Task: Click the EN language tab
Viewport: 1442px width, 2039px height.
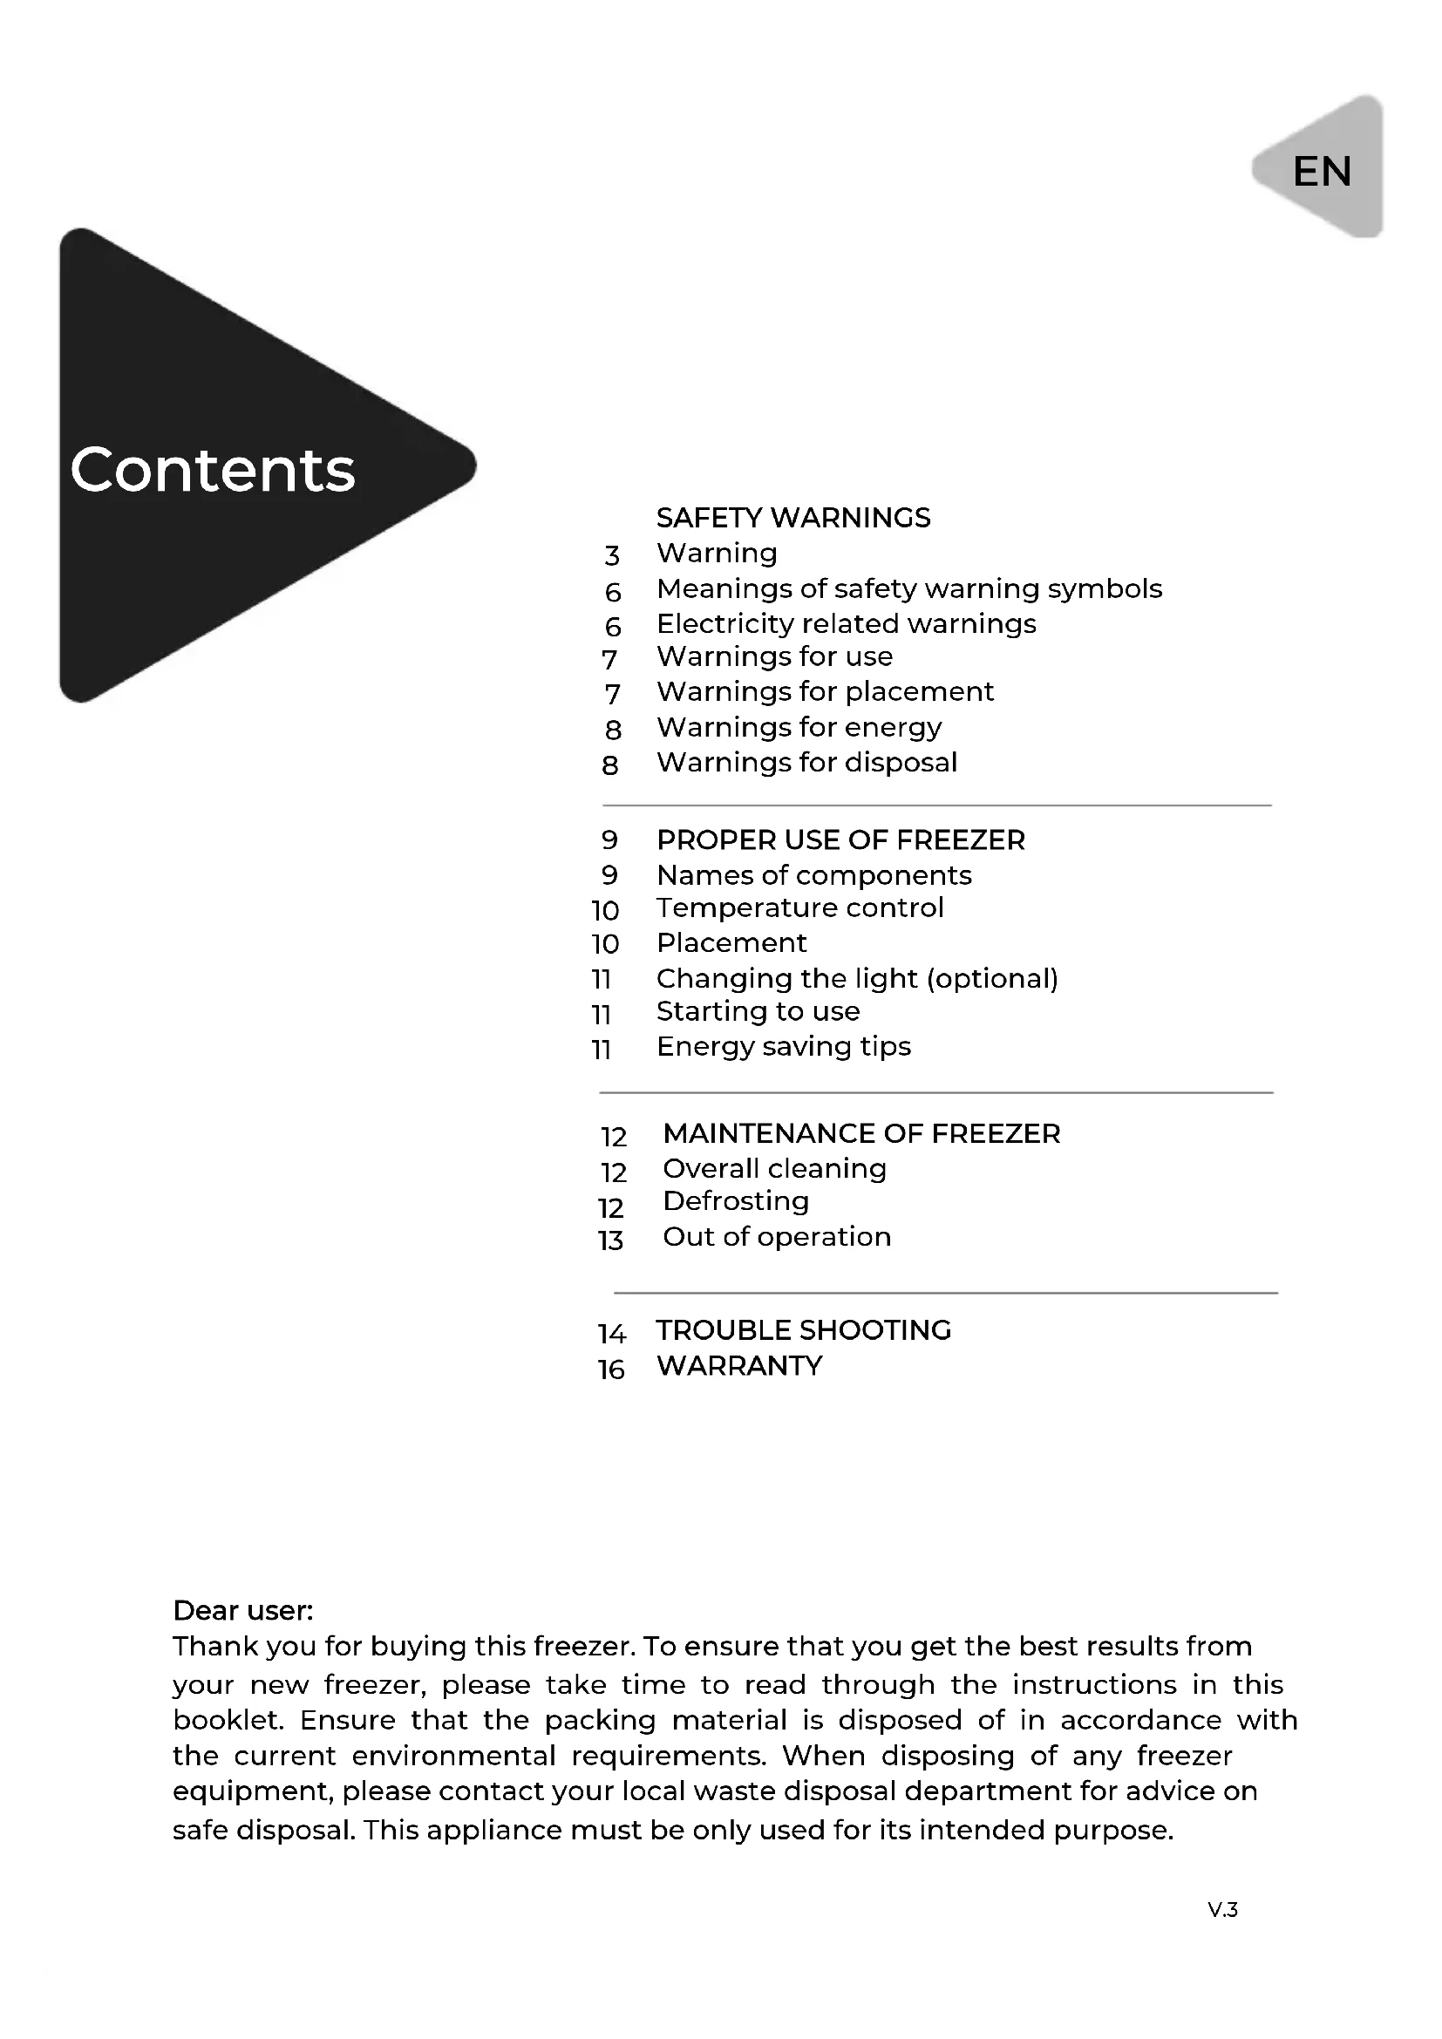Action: (1321, 172)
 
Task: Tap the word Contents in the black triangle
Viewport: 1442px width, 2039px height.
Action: (213, 470)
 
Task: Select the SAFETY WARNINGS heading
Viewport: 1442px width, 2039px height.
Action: (792, 518)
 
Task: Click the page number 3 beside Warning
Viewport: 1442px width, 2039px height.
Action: (612, 556)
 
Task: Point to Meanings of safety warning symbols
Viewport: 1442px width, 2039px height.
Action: (908, 588)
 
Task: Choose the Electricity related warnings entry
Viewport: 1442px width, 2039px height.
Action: (846, 624)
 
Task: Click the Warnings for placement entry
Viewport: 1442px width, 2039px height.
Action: (825, 692)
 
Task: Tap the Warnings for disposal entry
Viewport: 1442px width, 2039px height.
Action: (806, 763)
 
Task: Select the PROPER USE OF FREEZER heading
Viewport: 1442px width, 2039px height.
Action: (840, 840)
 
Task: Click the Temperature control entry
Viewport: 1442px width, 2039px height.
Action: (799, 907)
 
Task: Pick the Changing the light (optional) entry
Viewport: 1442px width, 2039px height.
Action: (857, 979)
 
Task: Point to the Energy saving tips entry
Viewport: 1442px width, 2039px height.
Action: (783, 1046)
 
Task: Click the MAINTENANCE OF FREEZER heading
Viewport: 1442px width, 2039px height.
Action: (861, 1134)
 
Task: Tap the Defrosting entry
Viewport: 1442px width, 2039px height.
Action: (735, 1201)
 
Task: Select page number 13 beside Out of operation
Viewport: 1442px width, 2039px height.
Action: (611, 1240)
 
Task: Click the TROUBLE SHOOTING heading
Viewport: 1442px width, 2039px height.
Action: (804, 1330)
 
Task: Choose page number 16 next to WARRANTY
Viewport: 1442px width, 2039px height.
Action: (611, 1370)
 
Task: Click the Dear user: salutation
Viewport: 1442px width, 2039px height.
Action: (242, 1611)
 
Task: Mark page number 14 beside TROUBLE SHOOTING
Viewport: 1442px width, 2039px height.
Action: (611, 1334)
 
